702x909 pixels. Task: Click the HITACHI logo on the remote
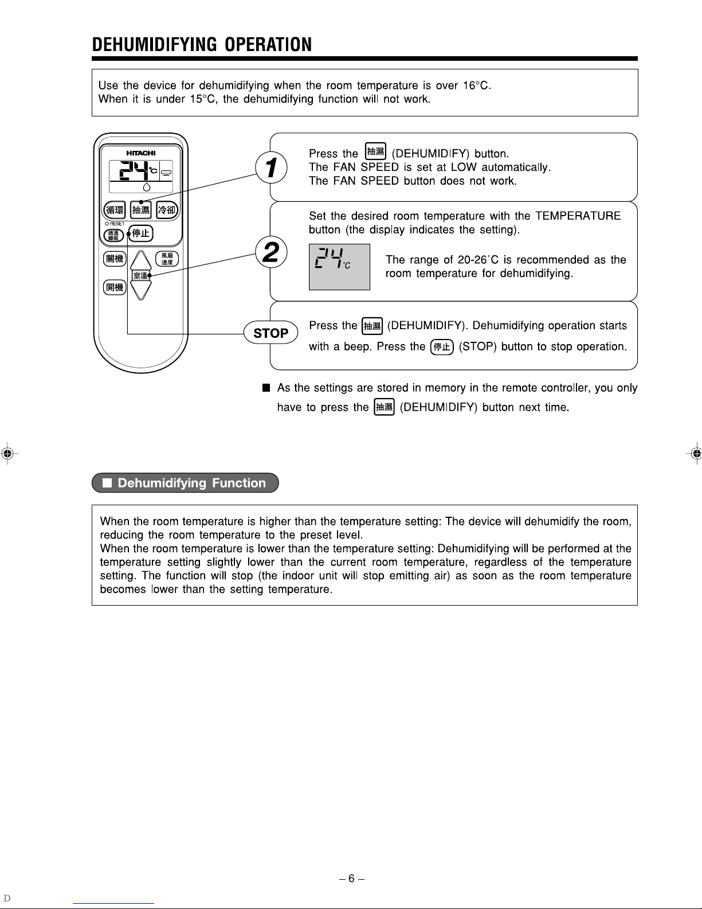coord(140,153)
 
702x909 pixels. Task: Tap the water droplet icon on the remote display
coord(147,186)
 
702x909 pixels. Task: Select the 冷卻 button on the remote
coord(167,209)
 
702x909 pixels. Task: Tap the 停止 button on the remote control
coord(140,233)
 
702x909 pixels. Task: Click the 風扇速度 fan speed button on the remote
coord(167,259)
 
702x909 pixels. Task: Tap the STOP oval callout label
coord(271,333)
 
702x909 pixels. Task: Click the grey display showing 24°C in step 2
coord(339,267)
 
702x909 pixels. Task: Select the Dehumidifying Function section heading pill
coord(185,483)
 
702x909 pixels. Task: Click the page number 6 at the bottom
coord(351,878)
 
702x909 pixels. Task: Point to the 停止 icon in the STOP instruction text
coord(442,347)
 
